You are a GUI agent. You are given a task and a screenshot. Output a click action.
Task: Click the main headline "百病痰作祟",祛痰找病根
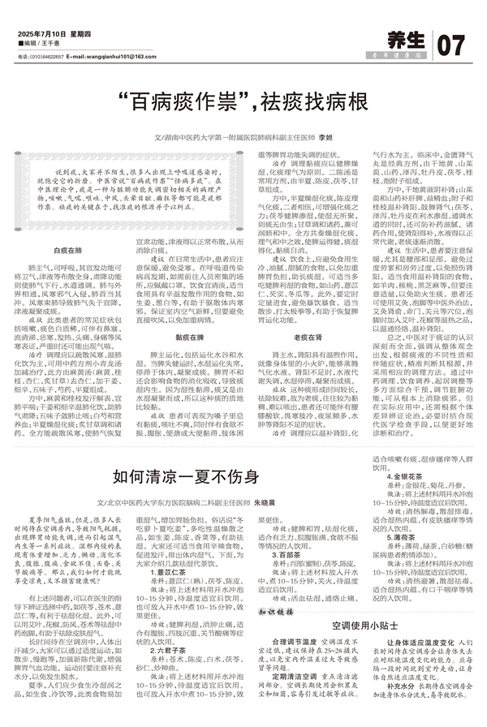pyautogui.click(x=241, y=103)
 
